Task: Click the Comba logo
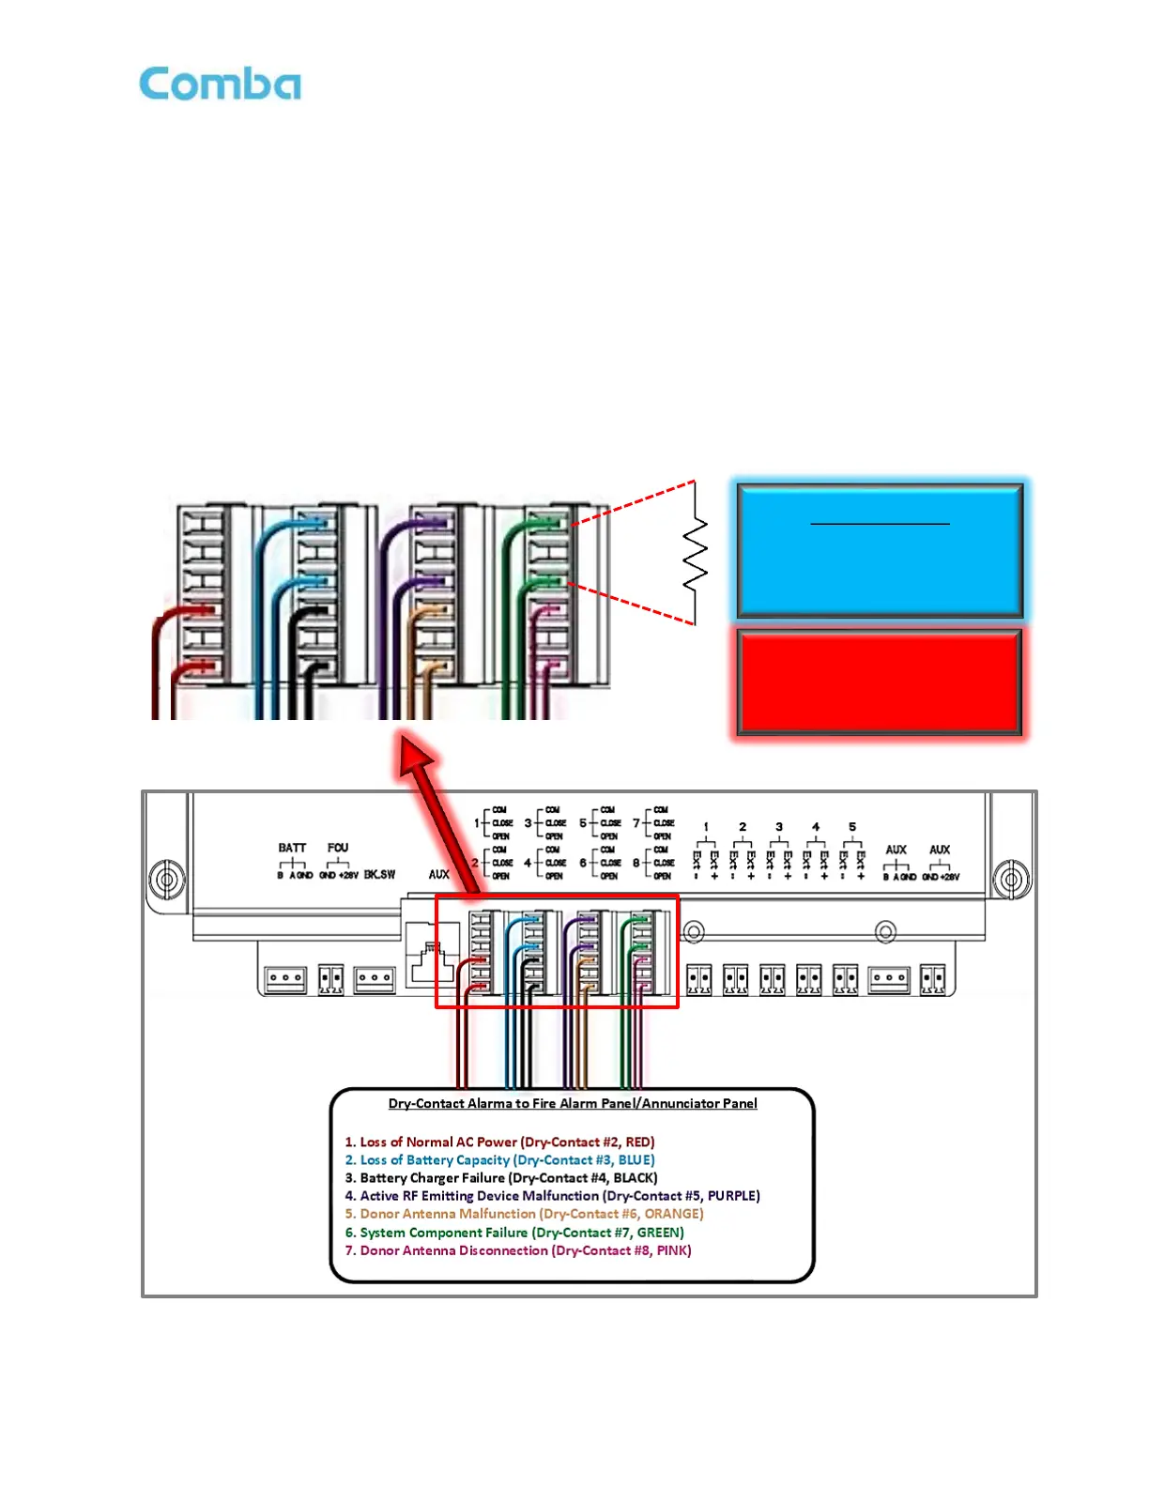coord(221,84)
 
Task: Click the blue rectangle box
coord(880,550)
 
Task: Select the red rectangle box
coord(880,682)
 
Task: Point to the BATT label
coord(292,848)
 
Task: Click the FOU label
coord(338,848)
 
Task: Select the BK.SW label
coord(379,875)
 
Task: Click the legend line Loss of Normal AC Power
coord(499,1142)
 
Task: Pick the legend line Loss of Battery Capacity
coord(499,1160)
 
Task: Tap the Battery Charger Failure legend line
coord(501,1178)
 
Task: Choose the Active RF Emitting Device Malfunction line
coord(552,1196)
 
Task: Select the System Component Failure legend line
coord(514,1233)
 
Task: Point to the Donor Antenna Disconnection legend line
coord(518,1250)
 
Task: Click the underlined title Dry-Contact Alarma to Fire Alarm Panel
coord(573,1104)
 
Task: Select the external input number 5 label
coord(852,827)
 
